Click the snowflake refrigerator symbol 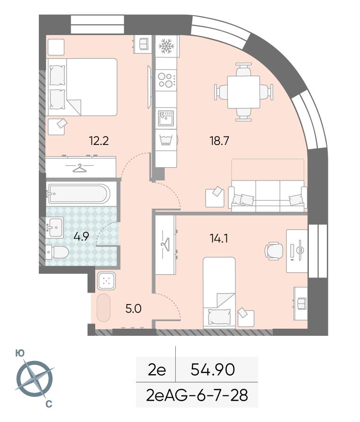(167, 46)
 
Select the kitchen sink (166, 118)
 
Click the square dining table (243, 92)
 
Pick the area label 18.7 (219, 141)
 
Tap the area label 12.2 (99, 141)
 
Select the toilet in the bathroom (57, 252)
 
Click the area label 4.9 (81, 236)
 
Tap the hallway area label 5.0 (134, 308)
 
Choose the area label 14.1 (219, 238)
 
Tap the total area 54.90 (213, 369)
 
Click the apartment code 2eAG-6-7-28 (197, 395)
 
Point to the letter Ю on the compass (20, 354)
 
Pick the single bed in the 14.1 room (219, 293)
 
